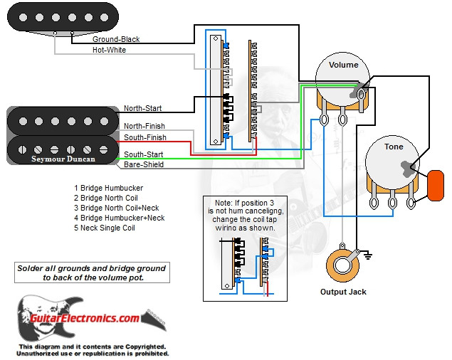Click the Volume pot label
pyautogui.click(x=343, y=65)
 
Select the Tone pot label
pyautogui.click(x=394, y=147)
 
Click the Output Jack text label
pyautogui.click(x=343, y=292)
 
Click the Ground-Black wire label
pyautogui.click(x=117, y=39)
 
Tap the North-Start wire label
pyautogui.click(x=142, y=109)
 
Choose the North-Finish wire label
pyautogui.click(x=144, y=127)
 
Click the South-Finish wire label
pyautogui.click(x=145, y=137)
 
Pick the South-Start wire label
pyautogui.click(x=143, y=154)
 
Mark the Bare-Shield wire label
pyautogui.click(x=144, y=164)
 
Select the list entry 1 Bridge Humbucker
pyautogui.click(x=109, y=188)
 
